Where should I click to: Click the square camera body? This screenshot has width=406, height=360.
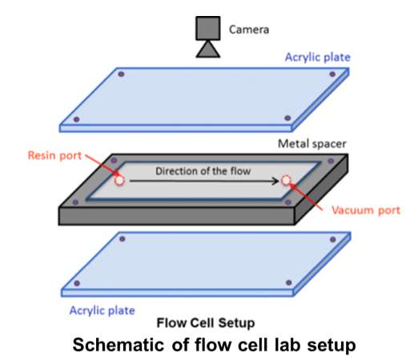tap(208, 28)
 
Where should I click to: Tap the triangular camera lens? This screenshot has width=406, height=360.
tap(208, 49)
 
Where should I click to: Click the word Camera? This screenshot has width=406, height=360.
tap(249, 30)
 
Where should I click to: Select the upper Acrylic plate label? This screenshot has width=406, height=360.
tap(318, 58)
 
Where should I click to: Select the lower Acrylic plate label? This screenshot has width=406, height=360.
tap(103, 310)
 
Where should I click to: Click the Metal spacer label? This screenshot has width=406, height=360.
tap(312, 144)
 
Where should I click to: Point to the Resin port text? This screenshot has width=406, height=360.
tap(54, 156)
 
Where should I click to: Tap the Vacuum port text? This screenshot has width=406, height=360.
tap(366, 210)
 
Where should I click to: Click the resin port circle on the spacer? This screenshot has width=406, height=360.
tap(119, 181)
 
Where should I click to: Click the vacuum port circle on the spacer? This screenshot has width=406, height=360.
tap(286, 181)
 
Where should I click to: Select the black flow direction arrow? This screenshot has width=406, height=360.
tap(204, 181)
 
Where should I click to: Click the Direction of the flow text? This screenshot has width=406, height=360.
tap(203, 171)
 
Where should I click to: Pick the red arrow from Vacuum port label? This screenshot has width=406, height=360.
tap(306, 197)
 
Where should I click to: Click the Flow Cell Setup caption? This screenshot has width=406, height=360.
tap(206, 323)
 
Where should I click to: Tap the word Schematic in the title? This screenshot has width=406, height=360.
tap(119, 345)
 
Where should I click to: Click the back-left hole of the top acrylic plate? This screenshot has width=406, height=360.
tap(121, 74)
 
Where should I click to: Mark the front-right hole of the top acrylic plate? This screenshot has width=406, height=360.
tap(287, 118)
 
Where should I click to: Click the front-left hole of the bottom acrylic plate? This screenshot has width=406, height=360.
tap(77, 283)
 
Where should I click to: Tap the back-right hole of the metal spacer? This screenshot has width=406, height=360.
tap(331, 161)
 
